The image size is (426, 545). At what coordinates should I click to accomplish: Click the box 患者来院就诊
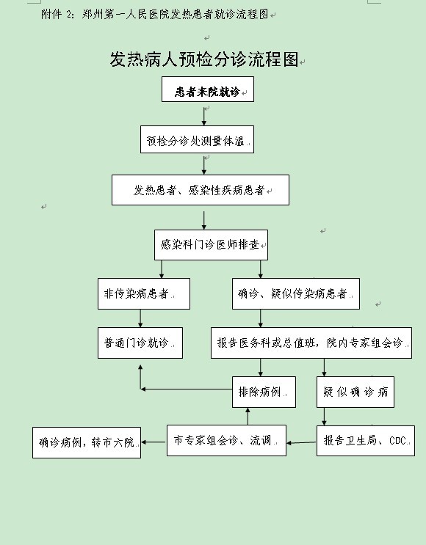click(x=208, y=89)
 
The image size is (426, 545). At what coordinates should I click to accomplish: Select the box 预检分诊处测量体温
click(x=197, y=139)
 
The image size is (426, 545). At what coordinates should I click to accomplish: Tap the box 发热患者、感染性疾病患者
click(x=201, y=190)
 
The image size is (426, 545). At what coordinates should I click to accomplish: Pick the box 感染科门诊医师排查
click(x=211, y=245)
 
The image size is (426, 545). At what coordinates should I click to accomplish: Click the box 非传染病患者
click(x=144, y=293)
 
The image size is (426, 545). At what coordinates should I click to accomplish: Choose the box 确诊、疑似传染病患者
click(x=296, y=293)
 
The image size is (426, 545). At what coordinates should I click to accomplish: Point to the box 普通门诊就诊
click(x=140, y=343)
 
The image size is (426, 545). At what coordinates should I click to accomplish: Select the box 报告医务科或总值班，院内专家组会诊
click(x=311, y=343)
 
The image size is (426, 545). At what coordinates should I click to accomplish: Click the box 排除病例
click(x=264, y=392)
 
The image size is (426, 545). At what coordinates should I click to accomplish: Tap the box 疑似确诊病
click(x=355, y=392)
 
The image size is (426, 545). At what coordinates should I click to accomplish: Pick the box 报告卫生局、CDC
click(x=366, y=440)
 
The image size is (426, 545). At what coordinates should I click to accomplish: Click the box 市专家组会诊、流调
click(x=226, y=440)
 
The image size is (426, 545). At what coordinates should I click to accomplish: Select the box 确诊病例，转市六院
click(x=87, y=442)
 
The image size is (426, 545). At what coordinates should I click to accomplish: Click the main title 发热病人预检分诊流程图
click(x=204, y=59)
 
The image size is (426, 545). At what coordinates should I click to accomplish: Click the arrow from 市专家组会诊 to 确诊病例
click(x=154, y=442)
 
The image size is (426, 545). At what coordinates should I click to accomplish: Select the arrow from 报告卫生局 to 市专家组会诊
click(x=301, y=443)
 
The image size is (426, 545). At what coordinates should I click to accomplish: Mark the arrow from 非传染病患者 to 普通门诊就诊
click(x=140, y=318)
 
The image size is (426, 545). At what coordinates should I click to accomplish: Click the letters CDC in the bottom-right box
click(x=397, y=441)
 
